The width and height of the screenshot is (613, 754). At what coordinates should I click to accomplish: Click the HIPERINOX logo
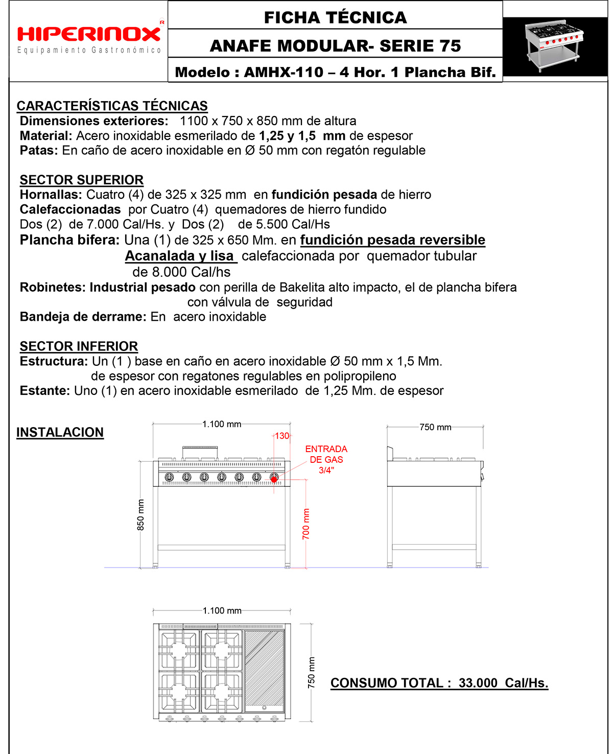tap(89, 35)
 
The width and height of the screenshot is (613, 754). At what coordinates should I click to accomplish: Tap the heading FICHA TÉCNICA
tap(335, 17)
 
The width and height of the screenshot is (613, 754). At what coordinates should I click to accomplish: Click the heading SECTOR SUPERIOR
tap(82, 180)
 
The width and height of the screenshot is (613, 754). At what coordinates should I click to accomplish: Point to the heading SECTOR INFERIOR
tap(79, 346)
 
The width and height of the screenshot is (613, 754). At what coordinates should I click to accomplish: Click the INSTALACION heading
tap(60, 432)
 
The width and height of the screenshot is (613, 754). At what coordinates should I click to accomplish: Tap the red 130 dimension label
tap(282, 436)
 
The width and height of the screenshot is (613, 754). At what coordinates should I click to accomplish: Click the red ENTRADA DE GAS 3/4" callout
tap(326, 459)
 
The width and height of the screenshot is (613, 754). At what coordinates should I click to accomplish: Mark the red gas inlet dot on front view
tap(274, 479)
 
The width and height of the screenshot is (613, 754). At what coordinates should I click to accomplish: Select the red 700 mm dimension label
tap(306, 524)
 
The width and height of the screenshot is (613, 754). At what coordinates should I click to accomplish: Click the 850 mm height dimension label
tap(140, 515)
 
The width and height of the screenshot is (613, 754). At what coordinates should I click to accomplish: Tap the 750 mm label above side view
tap(435, 427)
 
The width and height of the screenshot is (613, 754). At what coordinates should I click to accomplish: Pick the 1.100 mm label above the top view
tap(222, 610)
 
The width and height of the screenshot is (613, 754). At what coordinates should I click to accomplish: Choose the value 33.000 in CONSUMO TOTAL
tap(478, 683)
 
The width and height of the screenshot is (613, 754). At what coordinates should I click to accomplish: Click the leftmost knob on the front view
tap(169, 477)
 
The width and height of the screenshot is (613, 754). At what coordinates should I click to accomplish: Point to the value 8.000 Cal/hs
tap(181, 272)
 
